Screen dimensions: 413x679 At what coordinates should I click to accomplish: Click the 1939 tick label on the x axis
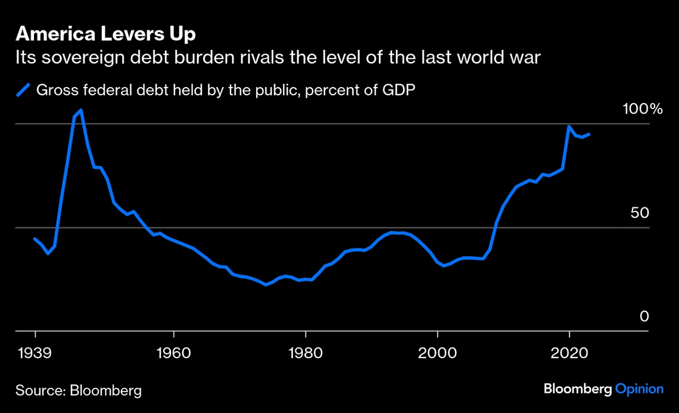35,352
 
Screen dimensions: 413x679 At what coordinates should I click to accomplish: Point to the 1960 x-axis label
173,352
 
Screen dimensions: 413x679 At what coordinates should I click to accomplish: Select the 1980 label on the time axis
306,352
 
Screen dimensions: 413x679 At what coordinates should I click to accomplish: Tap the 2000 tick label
438,352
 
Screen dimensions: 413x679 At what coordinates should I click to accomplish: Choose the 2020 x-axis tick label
570,352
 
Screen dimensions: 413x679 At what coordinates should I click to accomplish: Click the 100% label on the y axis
643,109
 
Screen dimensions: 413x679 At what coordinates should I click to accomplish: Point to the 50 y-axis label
640,213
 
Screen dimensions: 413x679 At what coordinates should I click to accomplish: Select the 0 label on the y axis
644,316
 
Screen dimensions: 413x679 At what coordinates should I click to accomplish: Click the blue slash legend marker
23,91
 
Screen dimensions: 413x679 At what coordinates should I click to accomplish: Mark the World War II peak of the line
80,110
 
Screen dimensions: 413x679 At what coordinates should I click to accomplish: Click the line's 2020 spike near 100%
569,126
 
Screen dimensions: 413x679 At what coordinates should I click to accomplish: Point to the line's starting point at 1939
35,239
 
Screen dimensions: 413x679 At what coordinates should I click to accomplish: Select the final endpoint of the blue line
589,134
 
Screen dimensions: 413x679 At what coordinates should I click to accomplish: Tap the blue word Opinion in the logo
639,389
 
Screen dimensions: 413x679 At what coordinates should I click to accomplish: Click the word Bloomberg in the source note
106,391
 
